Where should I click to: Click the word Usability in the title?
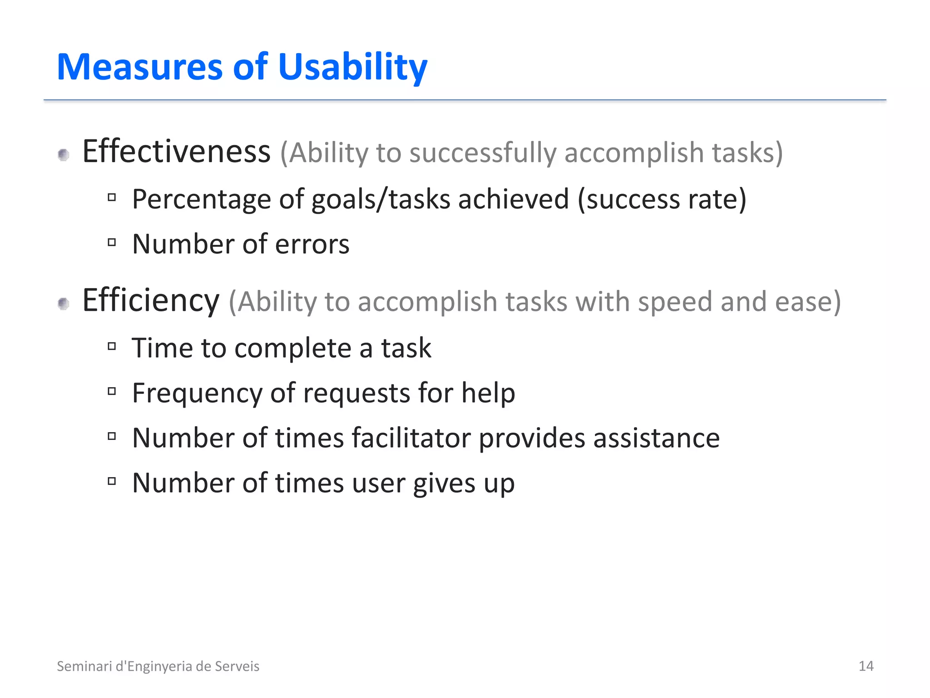click(352, 67)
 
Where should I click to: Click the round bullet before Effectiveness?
click(64, 155)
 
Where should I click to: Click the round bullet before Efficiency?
click(64, 304)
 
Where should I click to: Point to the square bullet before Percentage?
click(112, 198)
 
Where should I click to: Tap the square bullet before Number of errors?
click(112, 242)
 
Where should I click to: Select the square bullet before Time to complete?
click(112, 346)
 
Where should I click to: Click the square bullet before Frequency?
click(112, 391)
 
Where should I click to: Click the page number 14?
click(866, 666)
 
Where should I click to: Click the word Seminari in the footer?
click(84, 666)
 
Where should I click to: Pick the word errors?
click(312, 244)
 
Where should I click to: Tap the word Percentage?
click(201, 199)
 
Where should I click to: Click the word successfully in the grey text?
click(483, 153)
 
